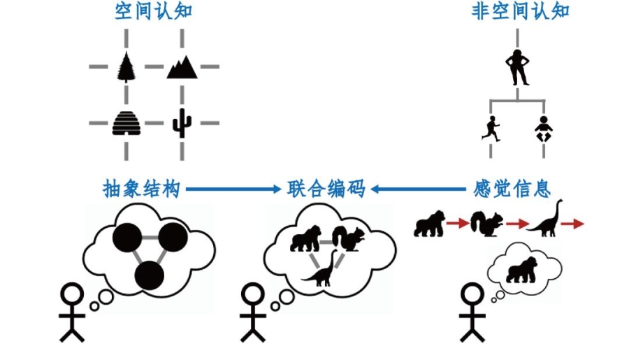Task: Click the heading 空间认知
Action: coord(154,12)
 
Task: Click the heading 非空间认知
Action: coord(521,12)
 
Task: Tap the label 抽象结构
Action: coord(141,189)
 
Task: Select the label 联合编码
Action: coord(326,189)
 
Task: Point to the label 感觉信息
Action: coord(509,189)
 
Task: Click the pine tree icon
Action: coord(126,67)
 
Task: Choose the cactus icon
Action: coord(182,123)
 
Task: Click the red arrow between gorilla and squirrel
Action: coord(458,224)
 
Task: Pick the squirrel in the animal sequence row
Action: coord(486,222)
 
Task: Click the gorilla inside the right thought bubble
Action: coord(523,271)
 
